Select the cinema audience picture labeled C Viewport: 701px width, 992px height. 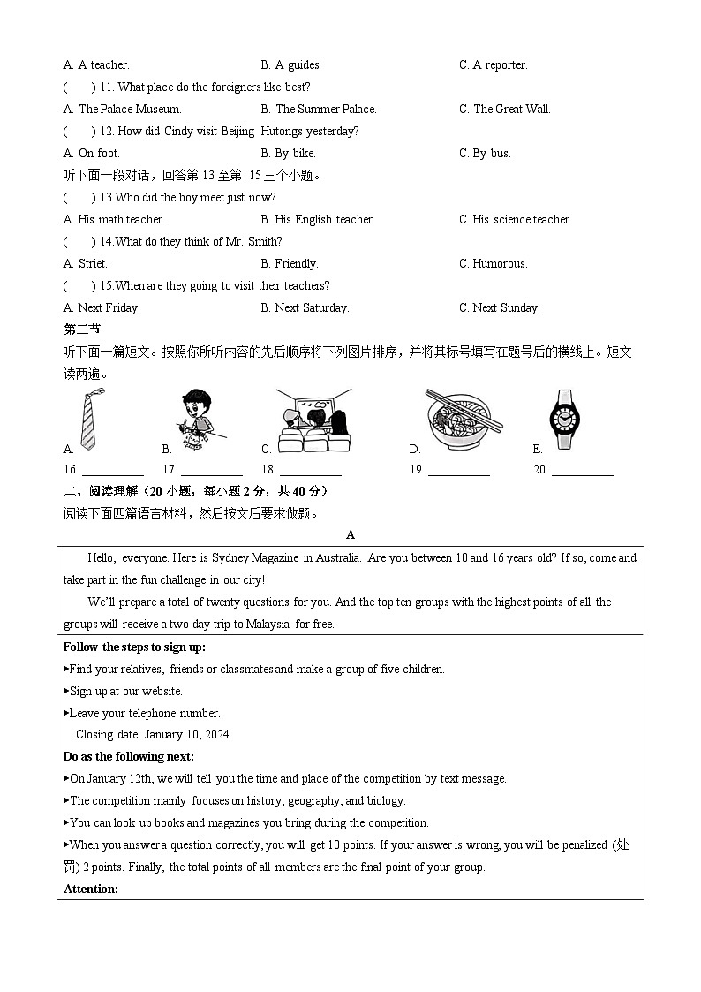313,420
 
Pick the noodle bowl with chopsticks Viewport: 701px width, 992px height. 463,420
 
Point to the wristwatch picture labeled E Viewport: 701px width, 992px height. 565,420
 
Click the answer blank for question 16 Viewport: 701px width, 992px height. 113,471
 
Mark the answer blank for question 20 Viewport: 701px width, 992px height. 583,471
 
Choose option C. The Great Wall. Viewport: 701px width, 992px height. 504,110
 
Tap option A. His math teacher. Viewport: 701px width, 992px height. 114,220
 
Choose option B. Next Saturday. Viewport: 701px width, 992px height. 305,308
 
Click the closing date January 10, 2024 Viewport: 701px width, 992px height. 154,735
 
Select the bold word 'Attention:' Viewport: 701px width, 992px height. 91,889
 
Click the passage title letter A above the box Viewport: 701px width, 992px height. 350,535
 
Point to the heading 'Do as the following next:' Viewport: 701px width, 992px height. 129,757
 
